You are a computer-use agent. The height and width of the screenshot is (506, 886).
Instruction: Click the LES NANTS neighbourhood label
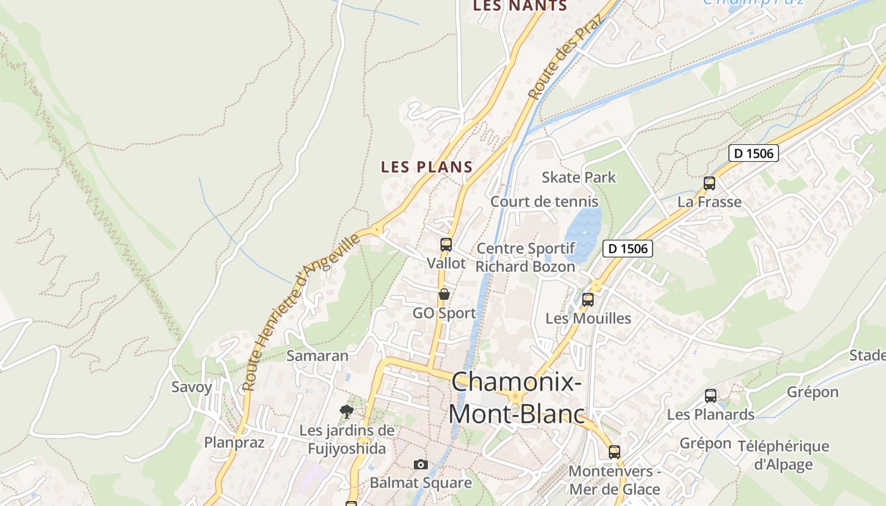(x=520, y=6)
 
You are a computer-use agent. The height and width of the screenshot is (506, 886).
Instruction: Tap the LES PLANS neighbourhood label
(x=427, y=167)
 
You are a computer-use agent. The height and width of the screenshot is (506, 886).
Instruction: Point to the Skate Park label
(x=578, y=177)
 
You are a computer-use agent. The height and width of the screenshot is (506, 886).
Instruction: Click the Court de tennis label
(x=544, y=202)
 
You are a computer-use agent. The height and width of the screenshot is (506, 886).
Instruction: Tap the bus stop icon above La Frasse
(x=709, y=183)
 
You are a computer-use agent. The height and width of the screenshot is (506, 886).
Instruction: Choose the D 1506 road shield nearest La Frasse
(x=753, y=153)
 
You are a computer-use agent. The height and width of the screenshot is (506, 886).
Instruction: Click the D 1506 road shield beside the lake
(x=627, y=249)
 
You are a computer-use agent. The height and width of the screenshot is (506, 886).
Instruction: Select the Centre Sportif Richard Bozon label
(x=525, y=257)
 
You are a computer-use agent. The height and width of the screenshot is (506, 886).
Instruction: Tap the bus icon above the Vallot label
(x=446, y=245)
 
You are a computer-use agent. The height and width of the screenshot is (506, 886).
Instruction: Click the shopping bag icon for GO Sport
(x=444, y=294)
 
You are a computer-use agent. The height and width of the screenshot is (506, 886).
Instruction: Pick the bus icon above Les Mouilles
(x=588, y=300)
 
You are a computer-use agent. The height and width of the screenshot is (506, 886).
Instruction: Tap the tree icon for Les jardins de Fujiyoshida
(x=346, y=412)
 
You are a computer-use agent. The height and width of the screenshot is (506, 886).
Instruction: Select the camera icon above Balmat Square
(x=421, y=465)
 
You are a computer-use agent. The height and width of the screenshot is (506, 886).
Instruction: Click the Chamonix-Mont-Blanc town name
(x=516, y=398)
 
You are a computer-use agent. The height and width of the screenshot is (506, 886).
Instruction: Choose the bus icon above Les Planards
(x=711, y=396)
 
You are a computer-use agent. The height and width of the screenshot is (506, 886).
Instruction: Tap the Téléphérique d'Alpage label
(x=783, y=455)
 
